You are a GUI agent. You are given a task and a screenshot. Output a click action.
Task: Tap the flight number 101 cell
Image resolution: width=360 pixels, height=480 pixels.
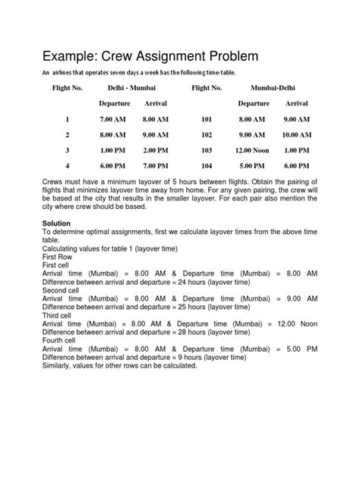point(206,119)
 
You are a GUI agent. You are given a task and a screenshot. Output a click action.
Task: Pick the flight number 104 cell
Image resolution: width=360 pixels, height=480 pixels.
point(206,165)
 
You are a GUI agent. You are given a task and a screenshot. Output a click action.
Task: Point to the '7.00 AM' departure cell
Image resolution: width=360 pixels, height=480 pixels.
point(112,119)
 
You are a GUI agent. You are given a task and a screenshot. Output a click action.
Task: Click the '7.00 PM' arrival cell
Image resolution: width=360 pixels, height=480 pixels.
point(156,165)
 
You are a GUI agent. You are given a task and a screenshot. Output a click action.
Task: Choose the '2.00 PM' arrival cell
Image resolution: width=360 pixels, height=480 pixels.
point(156,150)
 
